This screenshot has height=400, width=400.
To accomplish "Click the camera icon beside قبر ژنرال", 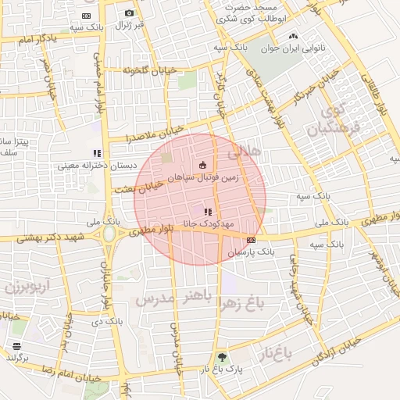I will click(x=129, y=12).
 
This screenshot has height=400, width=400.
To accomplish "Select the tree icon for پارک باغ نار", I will click(x=223, y=355).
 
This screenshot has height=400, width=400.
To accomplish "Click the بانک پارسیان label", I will click(x=252, y=252).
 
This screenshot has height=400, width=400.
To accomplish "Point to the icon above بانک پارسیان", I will click(x=250, y=241).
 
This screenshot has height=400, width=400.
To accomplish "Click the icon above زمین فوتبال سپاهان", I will click(x=203, y=166).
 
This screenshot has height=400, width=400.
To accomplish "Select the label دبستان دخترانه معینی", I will click(x=87, y=166).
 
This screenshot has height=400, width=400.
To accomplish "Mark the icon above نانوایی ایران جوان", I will click(x=293, y=35).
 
